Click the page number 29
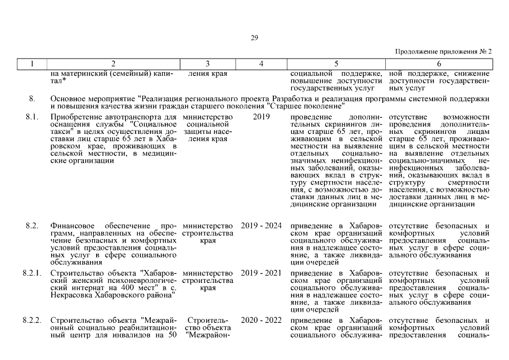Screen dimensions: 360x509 [x=254, y=38]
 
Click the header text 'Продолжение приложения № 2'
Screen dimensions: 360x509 [x=444, y=51]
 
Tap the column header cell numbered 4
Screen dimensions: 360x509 [x=261, y=64]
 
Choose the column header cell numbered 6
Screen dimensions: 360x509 [x=439, y=64]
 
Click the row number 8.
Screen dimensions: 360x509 [x=32, y=99]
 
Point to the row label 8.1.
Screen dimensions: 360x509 [x=31, y=116]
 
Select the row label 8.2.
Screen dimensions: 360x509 [x=31, y=226]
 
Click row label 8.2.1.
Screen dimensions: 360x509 [x=31, y=273]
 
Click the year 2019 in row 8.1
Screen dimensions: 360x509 [x=261, y=116]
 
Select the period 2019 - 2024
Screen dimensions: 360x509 [x=261, y=226]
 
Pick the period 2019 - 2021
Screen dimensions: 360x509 [x=261, y=273]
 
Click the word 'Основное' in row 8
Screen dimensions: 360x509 [x=67, y=99]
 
